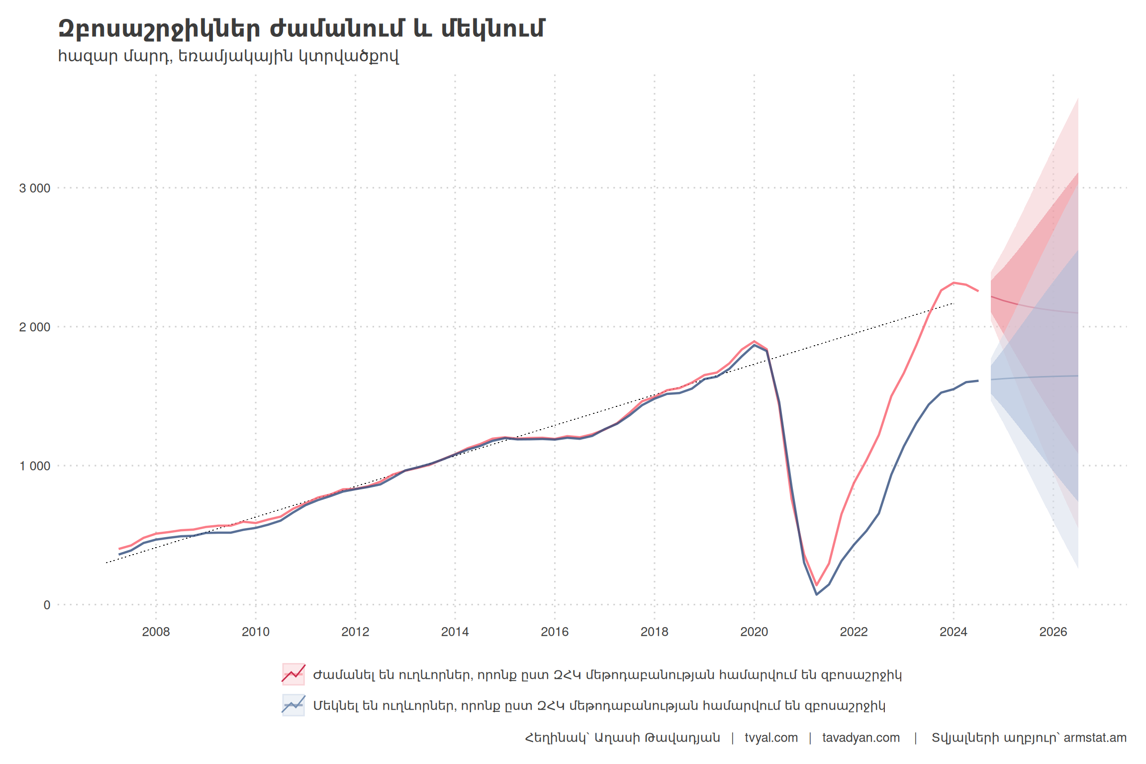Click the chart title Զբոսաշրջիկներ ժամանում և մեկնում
tap(301, 29)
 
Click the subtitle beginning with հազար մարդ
tap(228, 56)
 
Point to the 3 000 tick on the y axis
tap(35, 189)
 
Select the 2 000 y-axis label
tap(35, 327)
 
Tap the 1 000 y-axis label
tap(35, 466)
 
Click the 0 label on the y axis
tap(47, 605)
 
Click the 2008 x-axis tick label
tap(156, 632)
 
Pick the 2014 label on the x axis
tap(455, 632)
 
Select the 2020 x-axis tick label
tap(754, 632)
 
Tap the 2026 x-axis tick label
tap(1053, 632)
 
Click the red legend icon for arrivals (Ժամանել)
tap(293, 674)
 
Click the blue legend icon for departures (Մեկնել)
tap(293, 705)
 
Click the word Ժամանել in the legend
tap(344, 675)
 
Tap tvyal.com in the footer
tap(771, 738)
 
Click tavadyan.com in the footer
tap(860, 738)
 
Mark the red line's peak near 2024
tap(954, 283)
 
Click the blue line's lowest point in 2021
tap(816, 594)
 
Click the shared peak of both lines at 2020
tap(754, 342)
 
